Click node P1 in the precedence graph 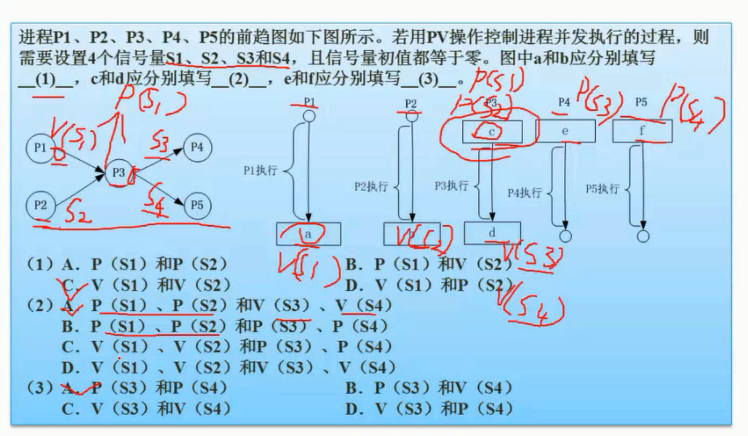[x=41, y=148]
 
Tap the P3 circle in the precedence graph [x=120, y=174]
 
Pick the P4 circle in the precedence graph [x=196, y=147]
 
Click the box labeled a [x=309, y=234]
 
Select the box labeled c [x=492, y=131]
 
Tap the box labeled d [x=492, y=233]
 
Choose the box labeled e [x=565, y=131]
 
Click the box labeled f [x=642, y=131]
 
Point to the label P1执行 [x=259, y=172]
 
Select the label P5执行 [x=602, y=189]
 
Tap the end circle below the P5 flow [x=642, y=236]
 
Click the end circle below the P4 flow [x=564, y=235]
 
